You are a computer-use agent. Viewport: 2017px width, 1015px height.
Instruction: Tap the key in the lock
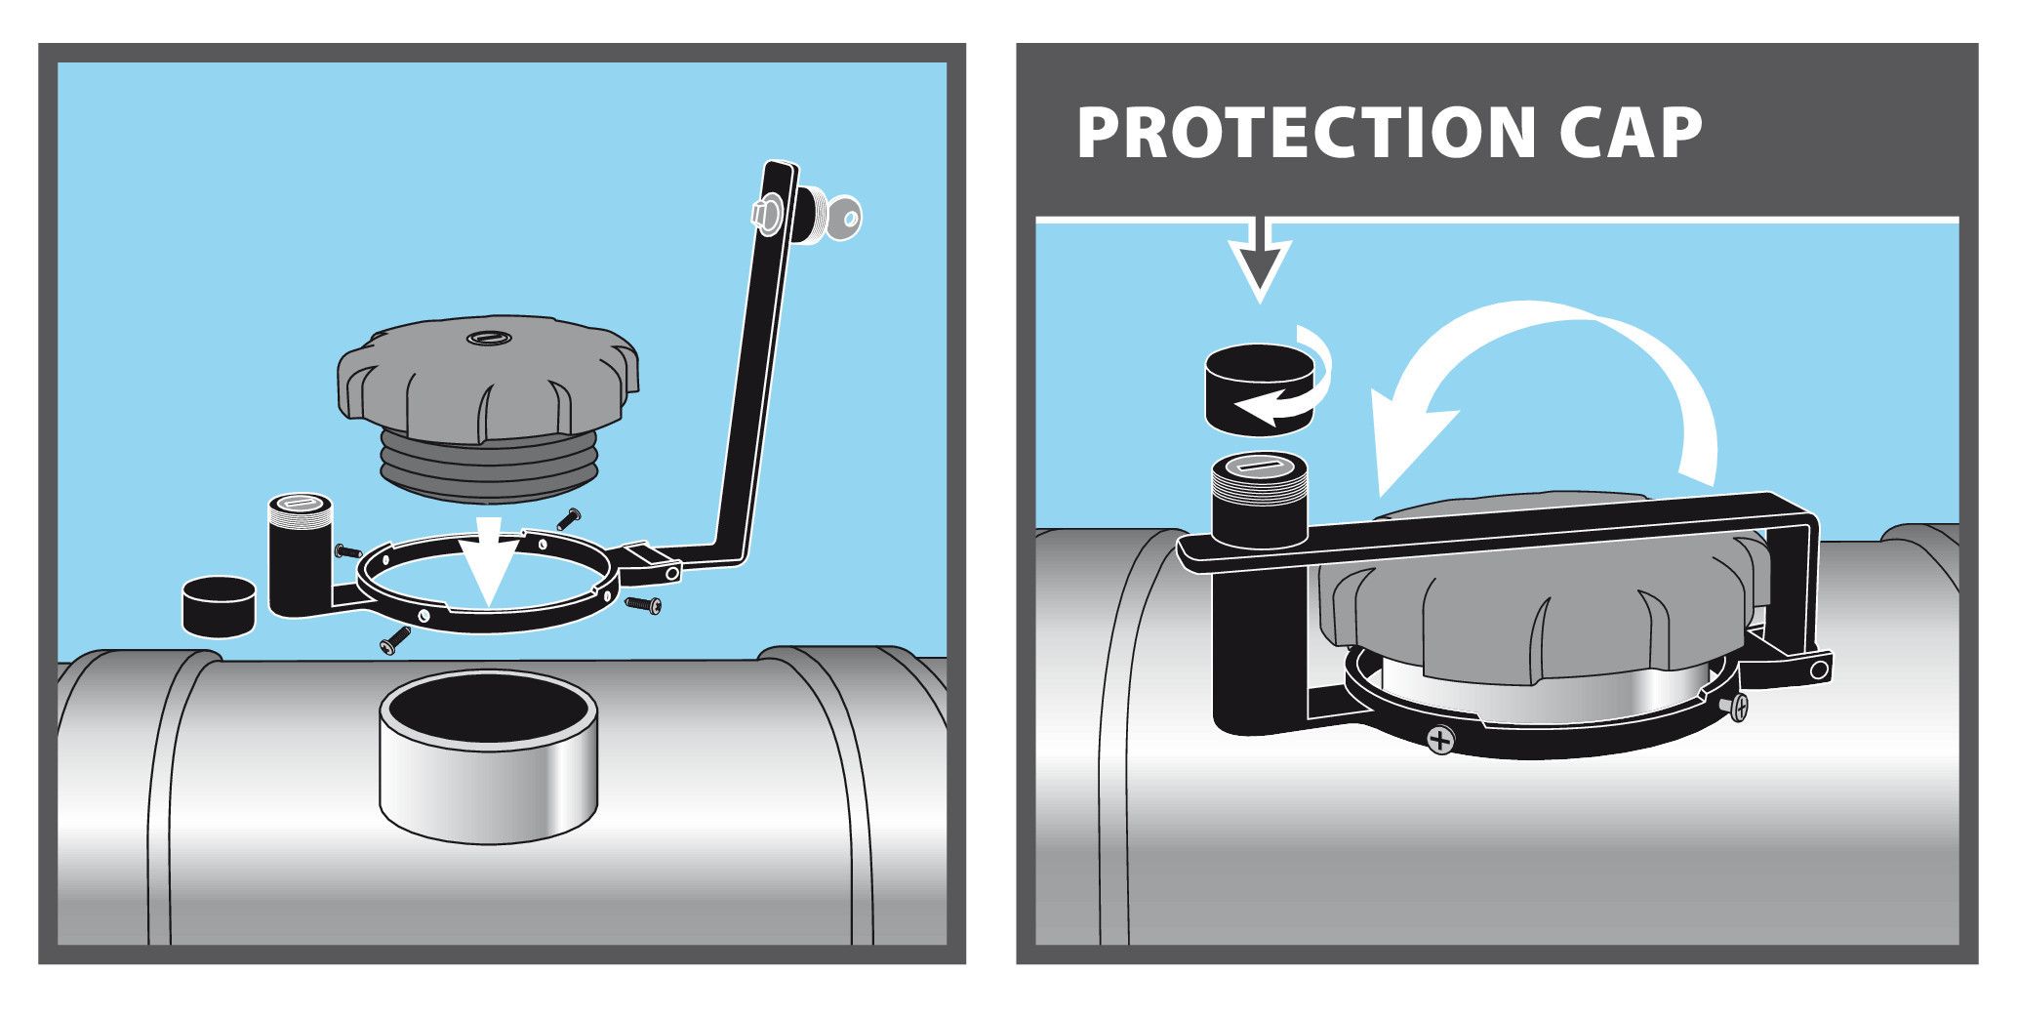(x=841, y=218)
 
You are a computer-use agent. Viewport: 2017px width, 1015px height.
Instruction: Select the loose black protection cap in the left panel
(x=220, y=606)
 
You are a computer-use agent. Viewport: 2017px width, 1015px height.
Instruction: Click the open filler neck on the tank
(x=488, y=756)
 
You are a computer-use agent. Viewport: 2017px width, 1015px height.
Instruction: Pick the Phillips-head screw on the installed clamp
(x=1440, y=739)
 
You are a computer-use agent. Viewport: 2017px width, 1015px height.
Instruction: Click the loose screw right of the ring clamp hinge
(x=643, y=604)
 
